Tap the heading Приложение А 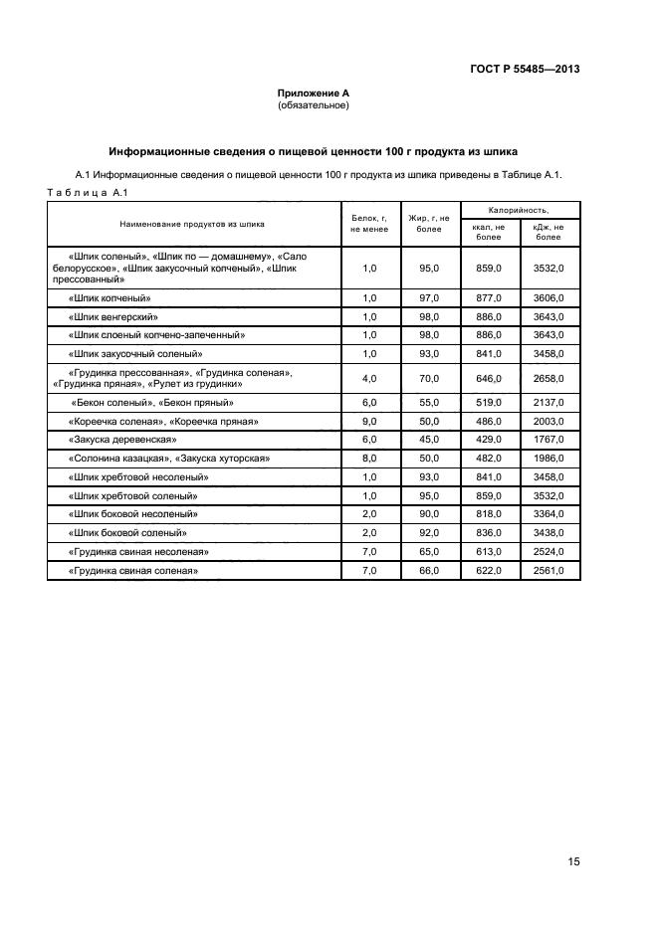pos(314,93)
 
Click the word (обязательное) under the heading pos(314,105)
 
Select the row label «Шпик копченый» pos(110,298)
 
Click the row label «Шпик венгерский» pos(114,316)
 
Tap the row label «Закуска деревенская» pos(122,440)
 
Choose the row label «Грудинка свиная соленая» pos(133,571)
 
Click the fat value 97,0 pos(429,298)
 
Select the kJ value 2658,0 pos(548,379)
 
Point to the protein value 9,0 pos(369,422)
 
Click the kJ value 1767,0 pos(548,440)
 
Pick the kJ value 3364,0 pos(548,514)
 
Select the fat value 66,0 pos(429,571)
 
